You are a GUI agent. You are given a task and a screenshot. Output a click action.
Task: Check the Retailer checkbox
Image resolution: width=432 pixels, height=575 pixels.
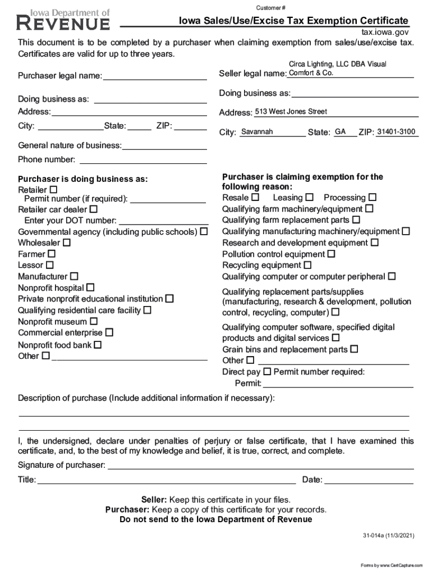(54, 189)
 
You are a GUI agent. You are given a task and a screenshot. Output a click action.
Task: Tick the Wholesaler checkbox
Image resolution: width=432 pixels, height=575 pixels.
(67, 243)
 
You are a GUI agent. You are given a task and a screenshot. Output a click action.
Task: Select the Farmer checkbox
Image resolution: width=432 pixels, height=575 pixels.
(52, 254)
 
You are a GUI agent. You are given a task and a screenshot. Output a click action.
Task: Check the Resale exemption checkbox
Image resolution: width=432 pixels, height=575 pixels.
(255, 198)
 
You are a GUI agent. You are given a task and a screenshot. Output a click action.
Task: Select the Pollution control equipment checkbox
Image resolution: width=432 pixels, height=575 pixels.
(332, 254)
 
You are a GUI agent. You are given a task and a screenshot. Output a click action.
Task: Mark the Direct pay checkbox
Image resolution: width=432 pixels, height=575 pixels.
(267, 372)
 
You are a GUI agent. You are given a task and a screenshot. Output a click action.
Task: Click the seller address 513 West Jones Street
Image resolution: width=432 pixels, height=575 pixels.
(291, 112)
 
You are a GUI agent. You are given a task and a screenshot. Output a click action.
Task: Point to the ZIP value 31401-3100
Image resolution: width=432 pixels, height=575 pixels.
(396, 132)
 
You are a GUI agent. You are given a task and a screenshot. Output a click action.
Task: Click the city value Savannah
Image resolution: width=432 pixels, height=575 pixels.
(256, 132)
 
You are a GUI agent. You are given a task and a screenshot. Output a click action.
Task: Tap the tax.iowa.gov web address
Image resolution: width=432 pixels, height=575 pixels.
(384, 32)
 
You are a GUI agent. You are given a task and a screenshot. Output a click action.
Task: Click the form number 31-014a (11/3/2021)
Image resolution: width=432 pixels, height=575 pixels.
(388, 536)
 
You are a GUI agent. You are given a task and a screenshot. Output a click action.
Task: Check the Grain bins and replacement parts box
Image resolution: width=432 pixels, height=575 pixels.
(354, 349)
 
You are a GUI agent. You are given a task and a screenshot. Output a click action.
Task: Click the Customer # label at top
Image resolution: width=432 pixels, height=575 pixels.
(271, 7)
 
